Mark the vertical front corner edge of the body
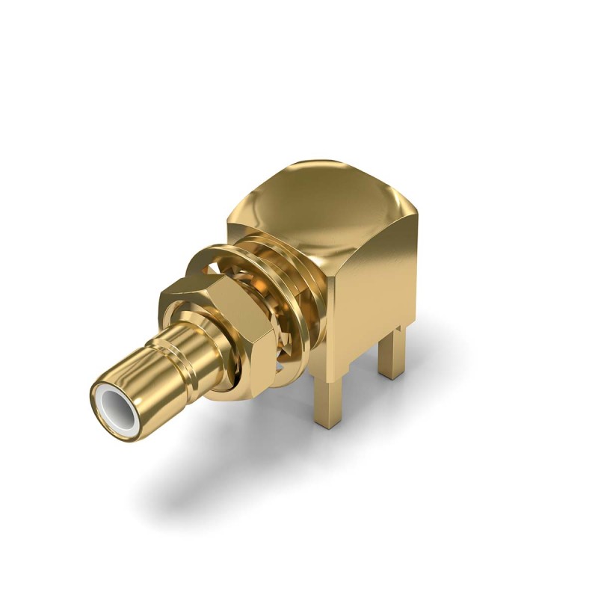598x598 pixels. click(329, 314)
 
